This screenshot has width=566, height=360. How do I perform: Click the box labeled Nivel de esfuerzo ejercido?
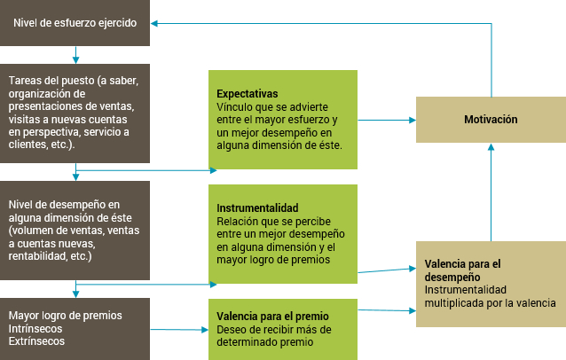click(75, 23)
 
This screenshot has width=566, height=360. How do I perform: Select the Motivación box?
click(491, 120)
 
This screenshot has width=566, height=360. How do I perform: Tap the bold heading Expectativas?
click(248, 94)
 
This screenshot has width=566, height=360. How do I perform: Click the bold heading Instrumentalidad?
click(257, 208)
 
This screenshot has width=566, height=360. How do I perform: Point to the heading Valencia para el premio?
click(272, 317)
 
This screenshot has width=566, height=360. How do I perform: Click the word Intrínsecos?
click(35, 329)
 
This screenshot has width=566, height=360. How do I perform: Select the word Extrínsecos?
click(36, 341)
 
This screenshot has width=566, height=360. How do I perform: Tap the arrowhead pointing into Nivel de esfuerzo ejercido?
click(154, 23)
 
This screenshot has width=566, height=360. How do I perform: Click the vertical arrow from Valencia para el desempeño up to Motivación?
click(491, 192)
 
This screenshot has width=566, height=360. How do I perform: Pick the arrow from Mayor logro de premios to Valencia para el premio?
click(179, 329)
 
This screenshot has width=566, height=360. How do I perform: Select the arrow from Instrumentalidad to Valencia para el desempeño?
click(387, 270)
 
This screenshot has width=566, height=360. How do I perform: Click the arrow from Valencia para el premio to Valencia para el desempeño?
click(387, 310)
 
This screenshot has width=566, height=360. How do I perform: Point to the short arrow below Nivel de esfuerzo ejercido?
click(75, 55)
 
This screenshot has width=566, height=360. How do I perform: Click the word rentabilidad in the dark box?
click(31, 256)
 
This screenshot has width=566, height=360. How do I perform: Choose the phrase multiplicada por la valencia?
click(491, 303)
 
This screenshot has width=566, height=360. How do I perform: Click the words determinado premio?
click(265, 342)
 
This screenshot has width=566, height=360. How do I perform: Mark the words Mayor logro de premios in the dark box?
click(66, 316)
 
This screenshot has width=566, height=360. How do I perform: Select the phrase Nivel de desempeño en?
click(64, 205)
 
